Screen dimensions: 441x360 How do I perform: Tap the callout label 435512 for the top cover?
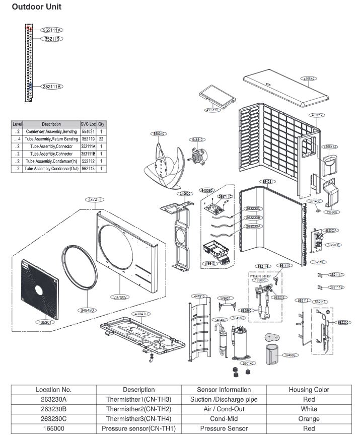point(309,79)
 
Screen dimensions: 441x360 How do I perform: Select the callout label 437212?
point(317,115)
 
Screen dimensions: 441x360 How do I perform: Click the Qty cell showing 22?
point(101,138)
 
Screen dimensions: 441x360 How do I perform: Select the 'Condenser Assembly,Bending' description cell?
point(51,131)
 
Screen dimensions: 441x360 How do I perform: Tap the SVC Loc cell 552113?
point(88,169)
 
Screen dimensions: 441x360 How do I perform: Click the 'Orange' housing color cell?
point(309,419)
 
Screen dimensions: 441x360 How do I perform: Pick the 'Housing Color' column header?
point(309,390)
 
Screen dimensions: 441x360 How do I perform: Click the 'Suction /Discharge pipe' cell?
point(224,400)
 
